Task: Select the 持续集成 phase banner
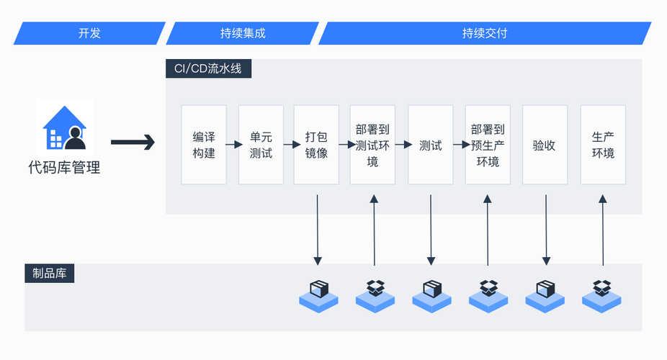tap(243, 33)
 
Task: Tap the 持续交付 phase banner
tap(485, 33)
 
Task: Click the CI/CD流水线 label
tap(209, 69)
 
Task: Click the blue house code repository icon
tap(65, 128)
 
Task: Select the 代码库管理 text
tap(64, 168)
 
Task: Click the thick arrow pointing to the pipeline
tap(133, 143)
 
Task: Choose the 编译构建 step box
tap(204, 145)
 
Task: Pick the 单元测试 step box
tap(261, 145)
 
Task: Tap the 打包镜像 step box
tap(316, 145)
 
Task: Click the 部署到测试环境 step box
tap(372, 145)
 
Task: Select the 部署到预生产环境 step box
tap(488, 145)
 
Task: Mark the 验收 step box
tap(545, 145)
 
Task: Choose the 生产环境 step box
tap(603, 145)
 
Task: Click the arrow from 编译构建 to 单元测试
tap(233, 145)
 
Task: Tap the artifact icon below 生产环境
tap(601, 293)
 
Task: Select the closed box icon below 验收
tap(545, 293)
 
